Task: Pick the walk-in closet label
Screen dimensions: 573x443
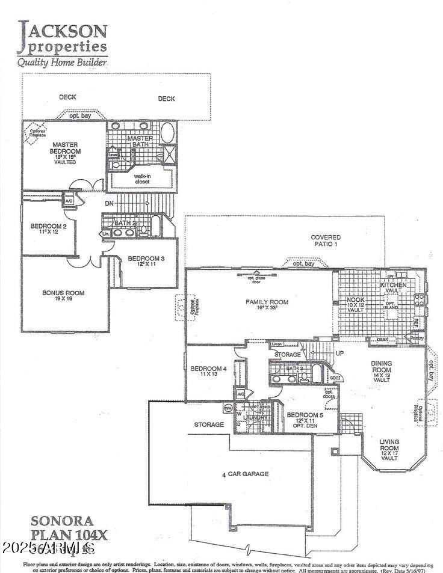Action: (141, 178)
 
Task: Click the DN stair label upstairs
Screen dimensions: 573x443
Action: (109, 204)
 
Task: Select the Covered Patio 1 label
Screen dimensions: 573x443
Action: (326, 241)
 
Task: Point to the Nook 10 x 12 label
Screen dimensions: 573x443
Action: (355, 305)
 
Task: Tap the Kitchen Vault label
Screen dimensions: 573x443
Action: (392, 287)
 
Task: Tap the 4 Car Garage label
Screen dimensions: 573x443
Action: (245, 474)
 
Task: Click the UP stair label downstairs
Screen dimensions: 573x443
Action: (339, 353)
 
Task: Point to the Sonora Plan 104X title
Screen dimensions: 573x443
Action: (61, 527)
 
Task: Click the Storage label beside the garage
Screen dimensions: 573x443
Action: (209, 424)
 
